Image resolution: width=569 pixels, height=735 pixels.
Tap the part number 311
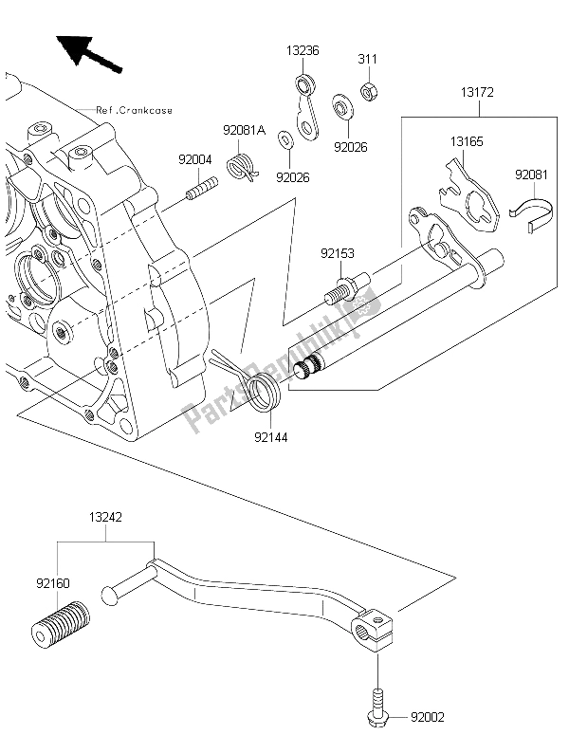click(367, 59)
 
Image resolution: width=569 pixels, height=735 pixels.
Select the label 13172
click(478, 92)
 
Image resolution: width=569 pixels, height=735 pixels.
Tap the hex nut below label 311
click(367, 91)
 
